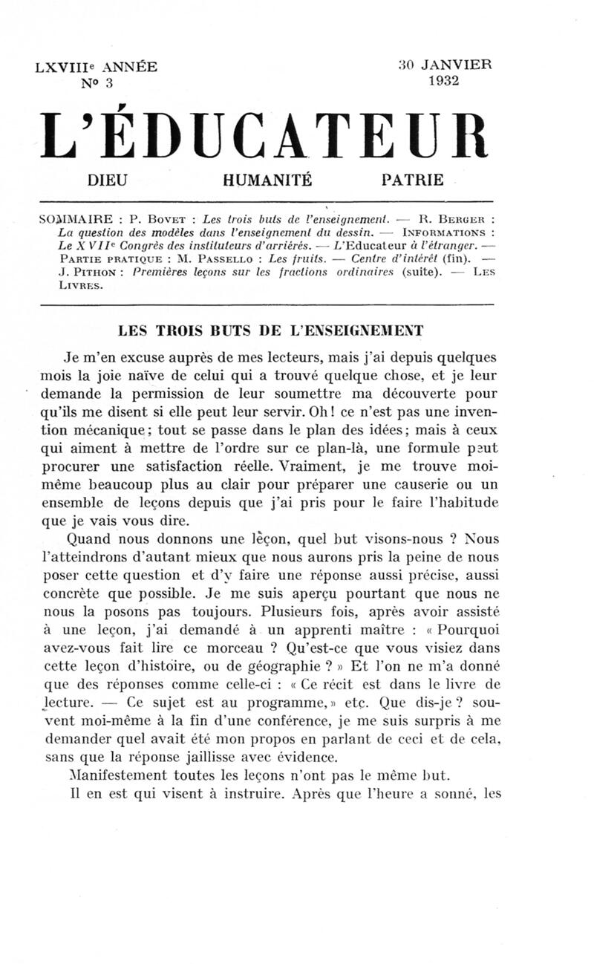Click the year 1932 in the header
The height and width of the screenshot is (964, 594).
click(x=443, y=81)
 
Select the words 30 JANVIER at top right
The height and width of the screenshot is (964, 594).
click(x=445, y=65)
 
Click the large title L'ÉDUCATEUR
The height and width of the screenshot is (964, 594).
click(x=266, y=137)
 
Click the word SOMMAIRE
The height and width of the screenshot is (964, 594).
click(x=74, y=220)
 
